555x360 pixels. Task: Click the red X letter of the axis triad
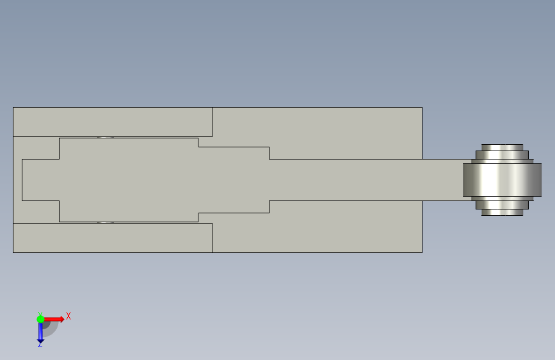(x=68, y=316)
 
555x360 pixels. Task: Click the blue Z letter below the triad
(x=40, y=344)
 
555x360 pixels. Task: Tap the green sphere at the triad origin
(x=40, y=318)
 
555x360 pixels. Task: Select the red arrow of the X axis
(x=56, y=318)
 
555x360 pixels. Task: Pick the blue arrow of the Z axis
(x=40, y=332)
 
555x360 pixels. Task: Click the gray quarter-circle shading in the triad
(x=51, y=328)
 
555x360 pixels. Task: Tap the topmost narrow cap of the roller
(x=503, y=147)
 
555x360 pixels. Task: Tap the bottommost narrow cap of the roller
(x=503, y=213)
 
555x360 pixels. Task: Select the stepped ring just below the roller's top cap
(x=503, y=154)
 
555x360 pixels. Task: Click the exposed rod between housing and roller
(x=442, y=179)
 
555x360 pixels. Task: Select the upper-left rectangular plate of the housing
(x=113, y=122)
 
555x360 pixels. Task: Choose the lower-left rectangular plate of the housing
(x=113, y=238)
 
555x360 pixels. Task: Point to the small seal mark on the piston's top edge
(x=106, y=137)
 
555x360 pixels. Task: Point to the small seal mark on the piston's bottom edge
(x=106, y=222)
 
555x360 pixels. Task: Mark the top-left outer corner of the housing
(x=13, y=108)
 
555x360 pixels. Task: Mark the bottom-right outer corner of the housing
(x=422, y=252)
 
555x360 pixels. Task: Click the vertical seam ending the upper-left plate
(x=213, y=122)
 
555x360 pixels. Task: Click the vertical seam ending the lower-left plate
(x=213, y=238)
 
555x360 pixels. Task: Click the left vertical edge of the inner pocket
(x=22, y=179)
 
